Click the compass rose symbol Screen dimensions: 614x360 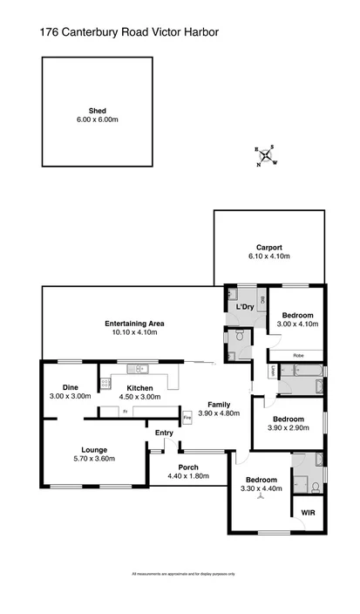(266, 155)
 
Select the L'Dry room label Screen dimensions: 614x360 (243, 308)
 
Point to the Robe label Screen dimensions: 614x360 (297, 355)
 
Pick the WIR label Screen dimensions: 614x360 (308, 511)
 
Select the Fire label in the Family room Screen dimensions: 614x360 (187, 418)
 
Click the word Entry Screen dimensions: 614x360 (165, 433)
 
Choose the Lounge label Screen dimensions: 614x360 (94, 450)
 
